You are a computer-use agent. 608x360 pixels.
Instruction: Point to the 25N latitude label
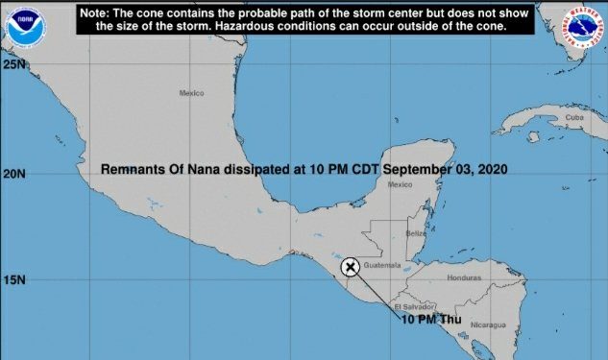[13, 64]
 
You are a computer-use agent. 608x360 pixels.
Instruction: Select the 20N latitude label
[13, 174]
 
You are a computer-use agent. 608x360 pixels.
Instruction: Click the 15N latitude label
[13, 280]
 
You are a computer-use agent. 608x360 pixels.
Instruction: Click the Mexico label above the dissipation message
[192, 93]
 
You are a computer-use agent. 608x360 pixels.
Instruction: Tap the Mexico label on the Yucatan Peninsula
[399, 184]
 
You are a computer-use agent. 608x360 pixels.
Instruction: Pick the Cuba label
[574, 117]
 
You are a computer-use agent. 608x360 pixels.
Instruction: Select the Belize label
[416, 233]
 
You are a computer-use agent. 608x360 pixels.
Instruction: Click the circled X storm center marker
[351, 267]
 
